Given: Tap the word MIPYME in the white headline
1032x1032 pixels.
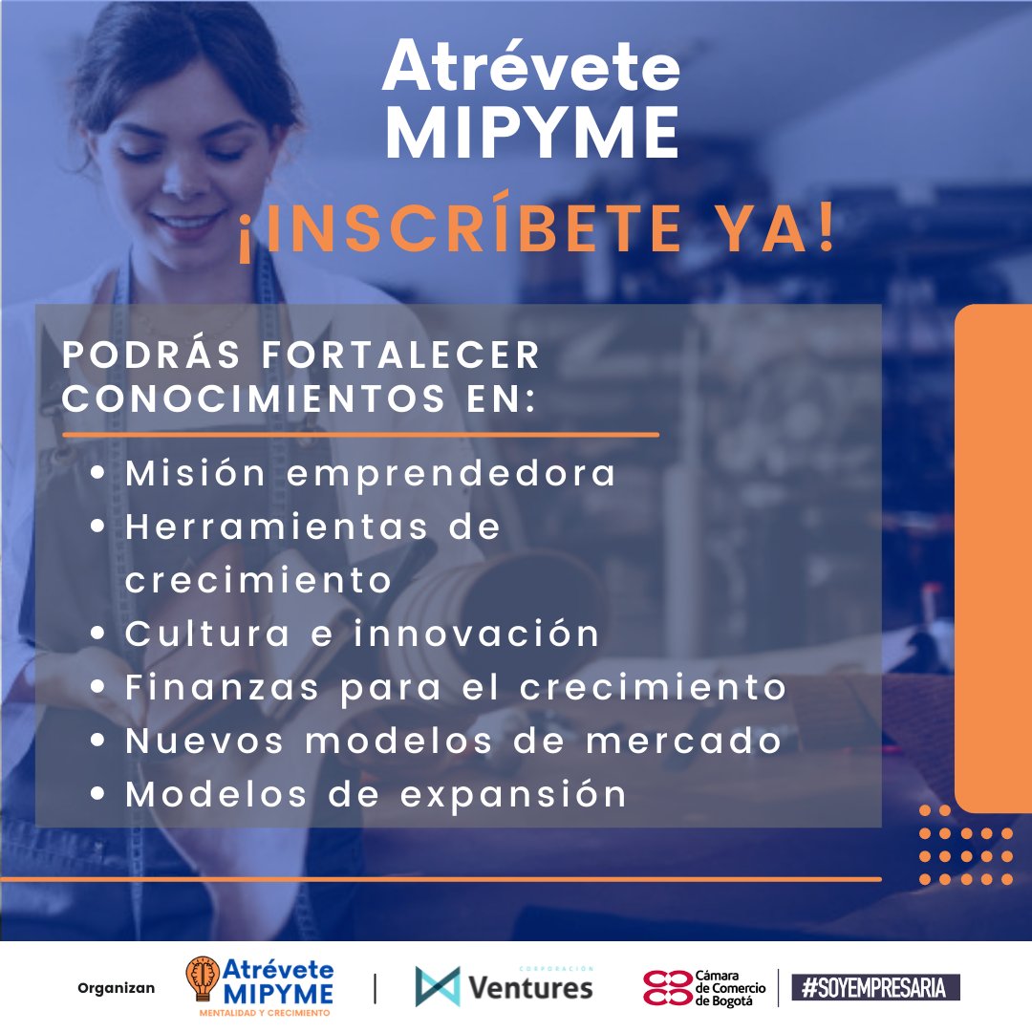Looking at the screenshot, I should pyautogui.click(x=531, y=134).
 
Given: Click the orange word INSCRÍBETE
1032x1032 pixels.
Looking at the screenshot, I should pyautogui.click(x=476, y=231).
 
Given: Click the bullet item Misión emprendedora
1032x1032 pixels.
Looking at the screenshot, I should pyautogui.click(x=371, y=473).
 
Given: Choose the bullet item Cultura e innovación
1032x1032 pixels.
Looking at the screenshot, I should pyautogui.click(x=363, y=634).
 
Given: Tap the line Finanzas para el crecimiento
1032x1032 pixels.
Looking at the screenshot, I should pyautogui.click(x=456, y=687).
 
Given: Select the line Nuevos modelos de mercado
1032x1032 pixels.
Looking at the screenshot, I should pyautogui.click(x=454, y=741).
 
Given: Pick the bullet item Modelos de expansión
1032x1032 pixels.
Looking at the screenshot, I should pyautogui.click(x=376, y=794).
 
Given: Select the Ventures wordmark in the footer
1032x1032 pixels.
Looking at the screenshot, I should pyautogui.click(x=529, y=987).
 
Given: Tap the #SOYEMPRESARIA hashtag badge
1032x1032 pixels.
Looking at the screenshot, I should pyautogui.click(x=875, y=988).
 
